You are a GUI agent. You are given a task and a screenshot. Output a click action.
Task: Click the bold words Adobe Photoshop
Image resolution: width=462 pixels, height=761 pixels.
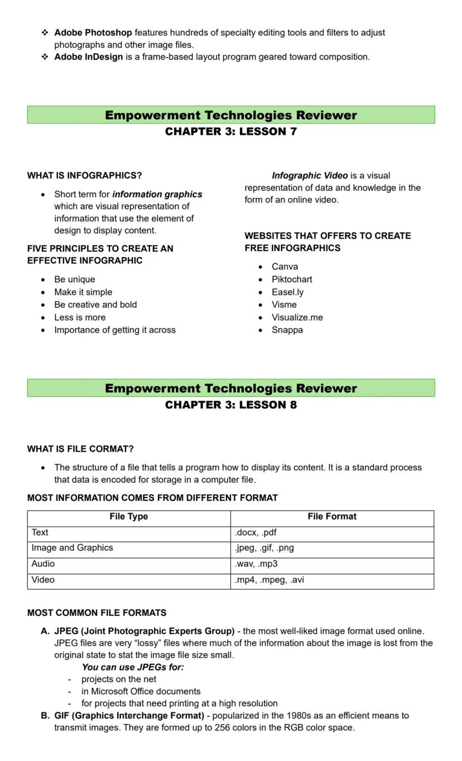(x=93, y=33)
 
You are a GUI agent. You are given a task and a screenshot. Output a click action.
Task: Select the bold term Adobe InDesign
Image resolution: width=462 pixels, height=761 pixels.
(x=88, y=57)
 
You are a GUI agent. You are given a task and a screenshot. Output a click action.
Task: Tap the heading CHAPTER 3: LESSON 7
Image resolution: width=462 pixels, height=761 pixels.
(x=230, y=132)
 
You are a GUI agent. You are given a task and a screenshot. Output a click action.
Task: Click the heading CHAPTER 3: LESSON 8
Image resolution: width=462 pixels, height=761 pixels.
(x=230, y=405)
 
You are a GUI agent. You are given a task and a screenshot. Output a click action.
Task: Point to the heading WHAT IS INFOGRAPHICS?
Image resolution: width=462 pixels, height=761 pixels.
(x=84, y=175)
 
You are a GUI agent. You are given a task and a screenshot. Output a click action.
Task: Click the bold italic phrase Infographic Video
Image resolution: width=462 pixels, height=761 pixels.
(x=309, y=175)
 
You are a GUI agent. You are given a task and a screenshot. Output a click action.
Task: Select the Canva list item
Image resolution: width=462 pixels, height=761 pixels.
(x=285, y=267)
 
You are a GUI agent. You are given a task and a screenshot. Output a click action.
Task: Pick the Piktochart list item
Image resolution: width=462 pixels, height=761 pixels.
(x=292, y=279)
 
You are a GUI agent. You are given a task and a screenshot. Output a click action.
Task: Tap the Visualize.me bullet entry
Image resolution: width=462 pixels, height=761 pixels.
(x=297, y=317)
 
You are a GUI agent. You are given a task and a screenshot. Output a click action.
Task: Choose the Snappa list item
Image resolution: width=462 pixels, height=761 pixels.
(x=287, y=330)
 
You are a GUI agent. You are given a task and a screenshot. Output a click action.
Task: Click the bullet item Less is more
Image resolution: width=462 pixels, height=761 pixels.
(x=80, y=317)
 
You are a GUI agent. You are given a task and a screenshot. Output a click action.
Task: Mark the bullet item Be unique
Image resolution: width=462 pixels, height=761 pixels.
(x=74, y=279)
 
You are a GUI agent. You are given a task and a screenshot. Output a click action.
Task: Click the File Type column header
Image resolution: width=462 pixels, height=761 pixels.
(x=129, y=516)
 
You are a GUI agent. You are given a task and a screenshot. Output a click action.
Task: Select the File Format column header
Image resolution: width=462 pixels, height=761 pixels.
(x=332, y=516)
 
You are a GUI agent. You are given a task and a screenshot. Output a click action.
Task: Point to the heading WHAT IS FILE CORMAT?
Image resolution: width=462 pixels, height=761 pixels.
(x=80, y=449)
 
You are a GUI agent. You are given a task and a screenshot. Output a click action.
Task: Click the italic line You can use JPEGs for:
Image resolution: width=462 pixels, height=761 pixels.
(x=133, y=667)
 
